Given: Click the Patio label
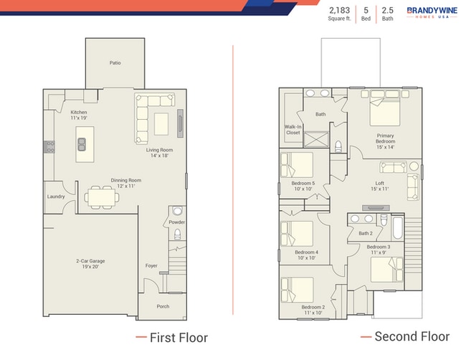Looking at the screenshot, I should [x=115, y=63].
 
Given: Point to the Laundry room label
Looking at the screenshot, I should [x=56, y=196].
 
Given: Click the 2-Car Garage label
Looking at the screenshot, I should [x=91, y=263].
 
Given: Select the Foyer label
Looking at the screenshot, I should [x=151, y=265].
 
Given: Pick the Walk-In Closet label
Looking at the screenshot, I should [x=293, y=129].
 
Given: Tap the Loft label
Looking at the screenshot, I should [x=379, y=186].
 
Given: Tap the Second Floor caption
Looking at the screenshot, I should [x=410, y=336].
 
